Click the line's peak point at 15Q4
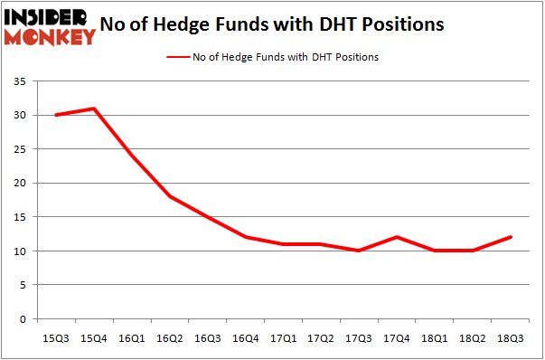[x=93, y=109]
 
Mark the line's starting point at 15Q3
[x=55, y=115]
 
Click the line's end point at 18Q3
[x=510, y=237]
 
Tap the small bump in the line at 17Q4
[x=396, y=237]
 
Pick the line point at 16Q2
[x=169, y=196]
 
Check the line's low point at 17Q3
[x=358, y=251]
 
